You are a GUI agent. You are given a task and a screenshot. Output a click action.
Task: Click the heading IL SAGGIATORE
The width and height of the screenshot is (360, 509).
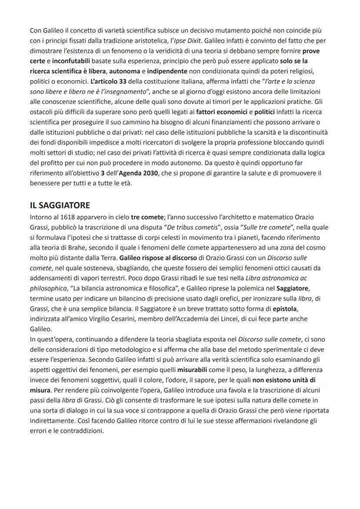pos(60,205)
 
